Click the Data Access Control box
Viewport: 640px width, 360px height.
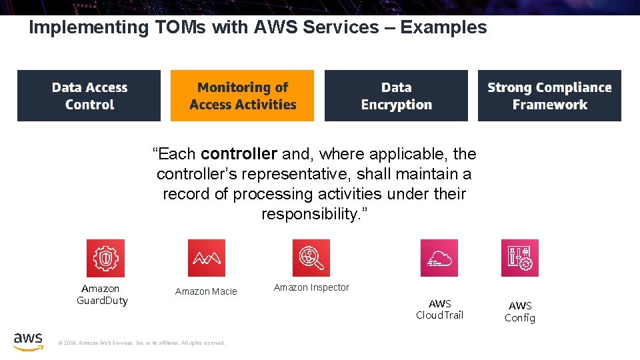click(89, 96)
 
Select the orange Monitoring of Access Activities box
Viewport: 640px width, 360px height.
click(242, 96)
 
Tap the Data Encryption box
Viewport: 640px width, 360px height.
click(396, 96)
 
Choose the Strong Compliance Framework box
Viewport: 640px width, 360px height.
click(549, 96)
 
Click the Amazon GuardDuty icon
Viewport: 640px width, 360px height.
click(105, 258)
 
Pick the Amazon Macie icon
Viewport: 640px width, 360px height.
click(207, 258)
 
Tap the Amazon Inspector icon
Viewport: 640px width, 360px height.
click(311, 258)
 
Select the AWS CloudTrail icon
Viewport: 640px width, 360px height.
click(439, 258)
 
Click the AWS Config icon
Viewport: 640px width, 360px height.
click(520, 258)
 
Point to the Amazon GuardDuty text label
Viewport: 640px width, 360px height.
click(101, 294)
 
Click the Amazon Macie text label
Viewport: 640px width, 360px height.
click(206, 291)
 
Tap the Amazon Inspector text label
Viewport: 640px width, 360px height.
click(311, 287)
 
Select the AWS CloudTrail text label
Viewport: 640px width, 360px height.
click(439, 309)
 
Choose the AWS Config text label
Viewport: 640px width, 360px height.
click(520, 311)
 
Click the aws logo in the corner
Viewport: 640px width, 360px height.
click(28, 340)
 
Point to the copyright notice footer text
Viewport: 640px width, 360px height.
click(143, 343)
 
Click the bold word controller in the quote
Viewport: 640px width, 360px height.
click(239, 154)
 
